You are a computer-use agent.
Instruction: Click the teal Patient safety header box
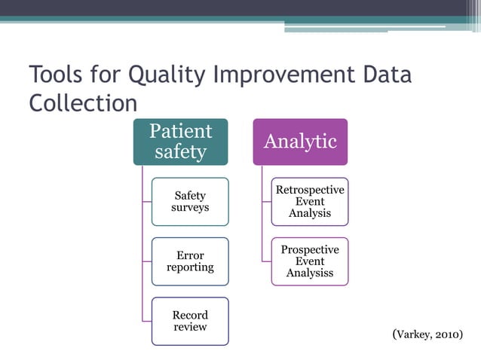pos(180,142)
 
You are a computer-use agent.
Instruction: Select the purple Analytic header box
pos(299,142)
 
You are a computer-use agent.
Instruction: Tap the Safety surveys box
pos(190,201)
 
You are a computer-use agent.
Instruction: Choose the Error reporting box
pos(190,261)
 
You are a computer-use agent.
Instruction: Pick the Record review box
pos(190,321)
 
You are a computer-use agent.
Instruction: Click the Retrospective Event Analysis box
pos(310,201)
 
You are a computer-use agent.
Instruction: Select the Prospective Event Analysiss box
pos(310,261)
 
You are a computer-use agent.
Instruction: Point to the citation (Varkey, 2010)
pos(427,334)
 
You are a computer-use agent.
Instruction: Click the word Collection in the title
pos(83,103)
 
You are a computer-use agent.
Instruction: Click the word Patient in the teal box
pos(180,131)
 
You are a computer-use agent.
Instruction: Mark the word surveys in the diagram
pos(190,207)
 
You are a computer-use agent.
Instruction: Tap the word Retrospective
pos(310,190)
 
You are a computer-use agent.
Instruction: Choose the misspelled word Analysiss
pos(310,273)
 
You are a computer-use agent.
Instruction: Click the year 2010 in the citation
pos(444,334)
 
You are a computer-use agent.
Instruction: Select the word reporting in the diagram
pos(190,267)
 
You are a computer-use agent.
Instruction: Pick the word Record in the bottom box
pos(190,315)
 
